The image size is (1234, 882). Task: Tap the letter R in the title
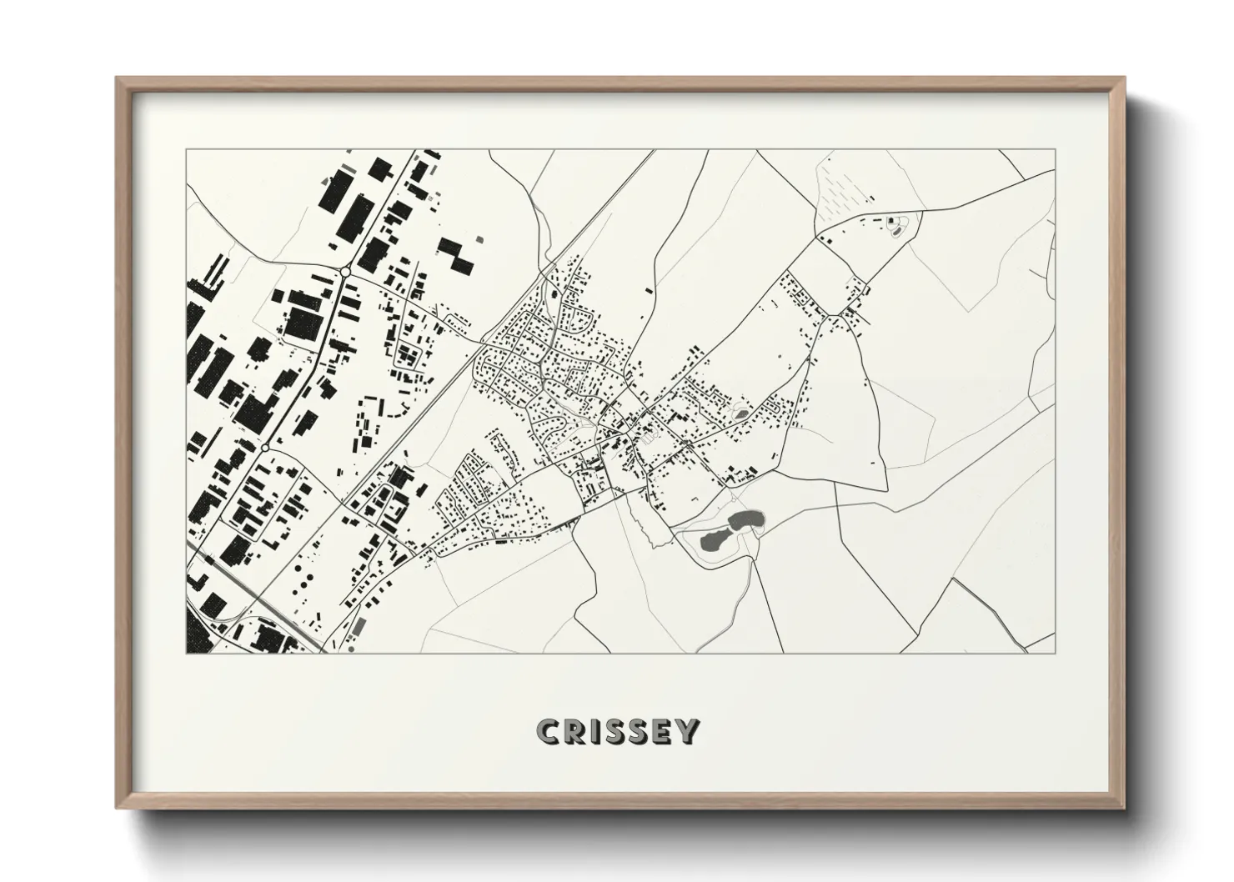(x=577, y=732)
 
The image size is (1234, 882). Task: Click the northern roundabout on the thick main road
(x=344, y=271)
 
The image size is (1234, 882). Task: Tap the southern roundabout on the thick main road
(x=264, y=449)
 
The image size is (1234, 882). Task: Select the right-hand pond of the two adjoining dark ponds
(x=744, y=520)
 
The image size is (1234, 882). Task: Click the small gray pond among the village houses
(x=741, y=413)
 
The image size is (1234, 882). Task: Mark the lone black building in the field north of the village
(x=649, y=290)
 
